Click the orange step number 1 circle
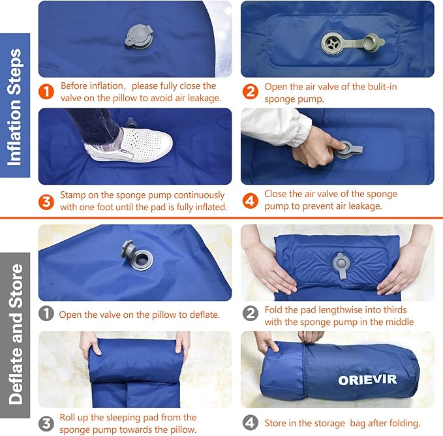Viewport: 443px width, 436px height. point(47,92)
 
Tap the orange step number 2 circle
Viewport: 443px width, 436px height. point(250,92)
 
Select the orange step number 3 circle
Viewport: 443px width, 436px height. point(47,202)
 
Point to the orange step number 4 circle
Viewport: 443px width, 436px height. point(250,201)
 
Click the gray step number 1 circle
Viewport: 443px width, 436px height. point(47,314)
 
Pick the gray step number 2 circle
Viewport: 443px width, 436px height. point(250,315)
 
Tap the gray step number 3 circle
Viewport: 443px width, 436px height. point(47,422)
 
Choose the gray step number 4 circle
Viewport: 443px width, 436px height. point(250,422)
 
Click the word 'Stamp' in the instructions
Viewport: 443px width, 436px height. point(74,195)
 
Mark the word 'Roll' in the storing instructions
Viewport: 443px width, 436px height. point(69,417)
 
